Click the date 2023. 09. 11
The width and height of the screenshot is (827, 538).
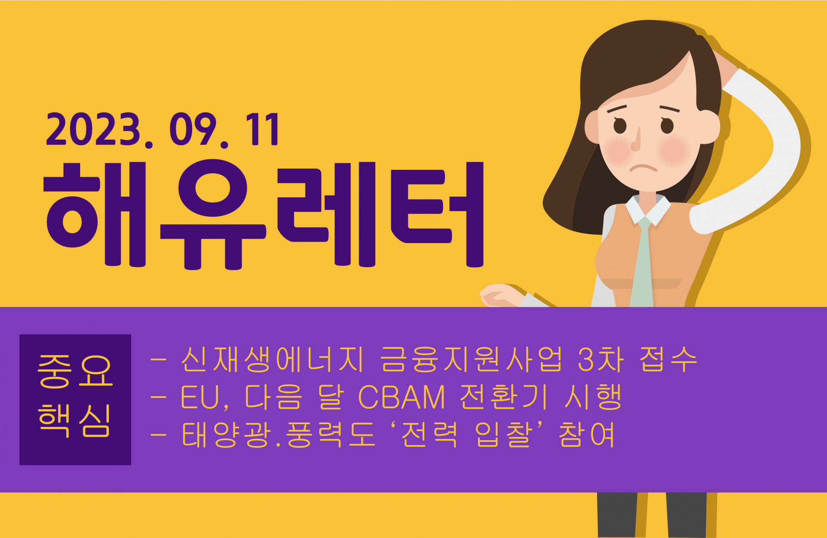pos(163,130)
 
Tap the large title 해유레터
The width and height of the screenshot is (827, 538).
pos(264,215)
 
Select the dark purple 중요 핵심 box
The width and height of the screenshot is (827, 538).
pos(75,399)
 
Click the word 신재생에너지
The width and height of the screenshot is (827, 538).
pos(273,359)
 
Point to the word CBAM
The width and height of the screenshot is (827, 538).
pos(401,397)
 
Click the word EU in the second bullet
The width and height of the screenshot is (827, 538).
pos(200,397)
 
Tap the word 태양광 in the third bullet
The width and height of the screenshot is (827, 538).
pos(227,434)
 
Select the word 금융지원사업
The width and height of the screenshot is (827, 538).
pos(472,359)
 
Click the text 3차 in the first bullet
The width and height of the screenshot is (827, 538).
pos(601,359)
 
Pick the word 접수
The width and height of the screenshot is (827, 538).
pos(668,359)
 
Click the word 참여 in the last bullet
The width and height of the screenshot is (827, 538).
pos(586,434)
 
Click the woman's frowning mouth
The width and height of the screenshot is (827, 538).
pos(643,168)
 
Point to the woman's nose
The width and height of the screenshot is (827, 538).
pos(636,140)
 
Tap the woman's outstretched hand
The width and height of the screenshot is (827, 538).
pos(500,295)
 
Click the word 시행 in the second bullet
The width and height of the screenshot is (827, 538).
pos(593,397)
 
